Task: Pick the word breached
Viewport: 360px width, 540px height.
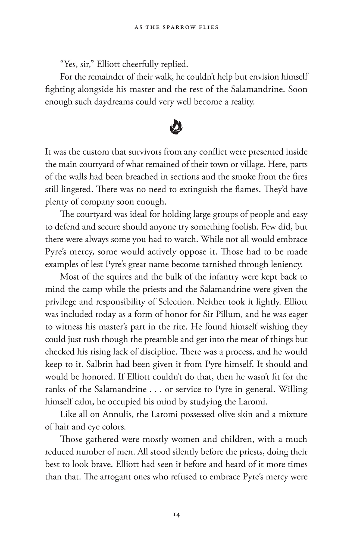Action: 163,177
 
